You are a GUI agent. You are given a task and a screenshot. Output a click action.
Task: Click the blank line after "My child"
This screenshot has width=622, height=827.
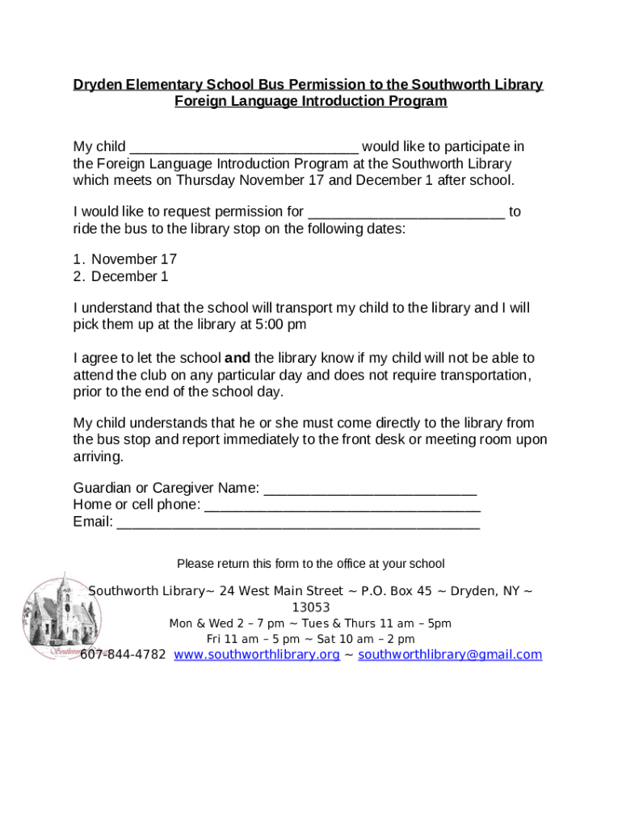tap(243, 149)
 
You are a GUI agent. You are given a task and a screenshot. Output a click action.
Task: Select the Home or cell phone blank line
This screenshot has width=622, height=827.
tap(343, 507)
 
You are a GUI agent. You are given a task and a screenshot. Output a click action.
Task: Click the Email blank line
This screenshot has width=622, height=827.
tap(298, 524)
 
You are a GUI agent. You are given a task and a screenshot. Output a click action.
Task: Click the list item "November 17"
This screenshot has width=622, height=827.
tap(133, 259)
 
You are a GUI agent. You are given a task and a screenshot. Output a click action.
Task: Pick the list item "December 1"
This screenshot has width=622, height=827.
tap(129, 276)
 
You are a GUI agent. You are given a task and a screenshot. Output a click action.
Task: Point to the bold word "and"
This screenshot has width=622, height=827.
tap(237, 358)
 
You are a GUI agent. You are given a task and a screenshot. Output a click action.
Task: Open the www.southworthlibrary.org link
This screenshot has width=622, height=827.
tap(256, 655)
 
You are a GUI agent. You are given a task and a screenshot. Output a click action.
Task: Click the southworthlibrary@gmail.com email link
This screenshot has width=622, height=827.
tap(449, 655)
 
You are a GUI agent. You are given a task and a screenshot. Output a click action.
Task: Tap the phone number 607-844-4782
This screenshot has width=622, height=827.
tap(123, 655)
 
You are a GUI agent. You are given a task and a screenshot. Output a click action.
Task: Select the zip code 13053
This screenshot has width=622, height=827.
tap(310, 607)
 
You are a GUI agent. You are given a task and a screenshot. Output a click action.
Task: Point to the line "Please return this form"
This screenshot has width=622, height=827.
tap(310, 564)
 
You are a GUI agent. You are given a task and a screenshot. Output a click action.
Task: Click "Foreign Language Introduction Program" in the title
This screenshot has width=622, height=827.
tap(310, 102)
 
